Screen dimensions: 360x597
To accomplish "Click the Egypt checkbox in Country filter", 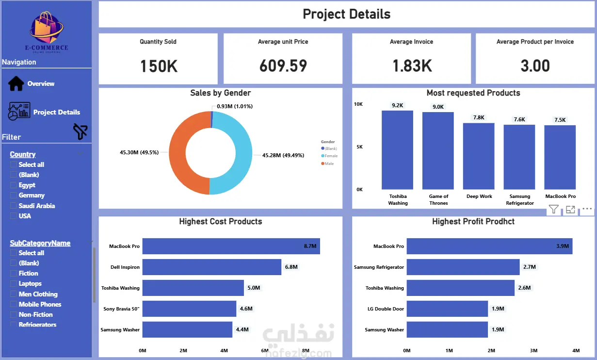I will tap(14, 185).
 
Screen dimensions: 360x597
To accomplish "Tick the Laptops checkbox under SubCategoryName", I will tap(14, 284).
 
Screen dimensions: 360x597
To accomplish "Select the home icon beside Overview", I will tap(16, 83).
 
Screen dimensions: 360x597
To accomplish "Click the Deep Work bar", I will tap(479, 156).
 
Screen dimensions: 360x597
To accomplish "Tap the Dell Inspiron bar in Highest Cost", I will tap(211, 267).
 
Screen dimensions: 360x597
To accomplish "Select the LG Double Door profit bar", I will tap(447, 309).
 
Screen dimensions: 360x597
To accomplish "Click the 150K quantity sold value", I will tap(159, 66).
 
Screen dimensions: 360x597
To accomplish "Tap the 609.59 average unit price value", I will tap(283, 66).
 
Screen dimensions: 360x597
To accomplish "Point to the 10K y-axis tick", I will tap(358, 104).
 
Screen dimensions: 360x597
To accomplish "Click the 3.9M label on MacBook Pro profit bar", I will tap(562, 246).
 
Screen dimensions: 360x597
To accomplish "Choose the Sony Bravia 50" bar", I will tap(189, 309).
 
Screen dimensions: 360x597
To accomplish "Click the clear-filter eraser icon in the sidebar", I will tap(80, 131).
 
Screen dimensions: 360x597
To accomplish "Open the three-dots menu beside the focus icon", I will tap(587, 209).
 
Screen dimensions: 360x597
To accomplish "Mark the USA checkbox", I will tap(14, 216).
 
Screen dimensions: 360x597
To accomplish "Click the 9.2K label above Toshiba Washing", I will tap(397, 105).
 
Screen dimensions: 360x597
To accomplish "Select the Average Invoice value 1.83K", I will tap(411, 66).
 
